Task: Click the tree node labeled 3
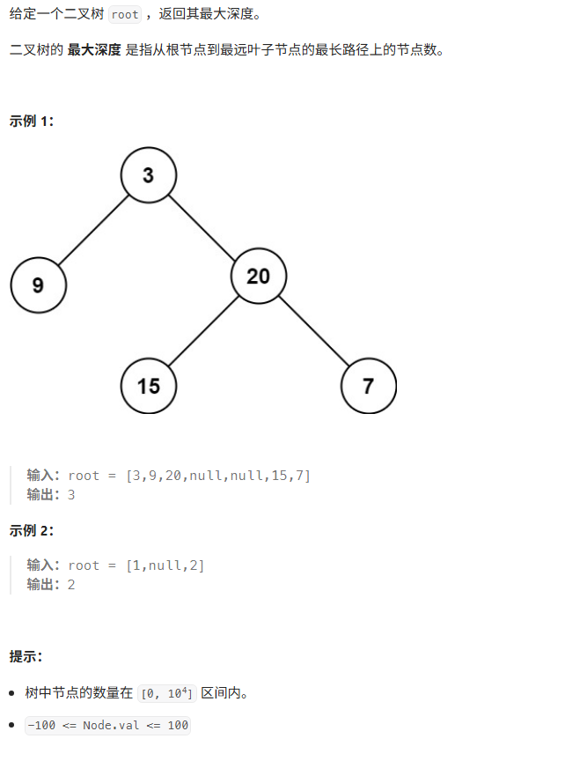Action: tap(148, 174)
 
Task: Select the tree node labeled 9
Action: tap(38, 284)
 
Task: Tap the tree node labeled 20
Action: tap(258, 277)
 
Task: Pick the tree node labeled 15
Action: tap(148, 385)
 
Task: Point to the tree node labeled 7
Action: tap(368, 385)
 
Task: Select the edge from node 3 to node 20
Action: tap(203, 225)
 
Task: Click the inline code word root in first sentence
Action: tap(125, 15)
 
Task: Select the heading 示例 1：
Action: tap(32, 121)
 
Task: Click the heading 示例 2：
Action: tap(32, 530)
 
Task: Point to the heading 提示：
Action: tap(26, 656)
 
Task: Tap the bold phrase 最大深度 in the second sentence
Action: tap(94, 50)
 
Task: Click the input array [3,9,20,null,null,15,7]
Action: tap(218, 476)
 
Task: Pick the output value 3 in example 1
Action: tap(71, 495)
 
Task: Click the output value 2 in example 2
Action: tap(71, 584)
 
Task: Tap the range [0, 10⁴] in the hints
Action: tap(167, 694)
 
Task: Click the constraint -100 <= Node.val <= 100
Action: tap(107, 725)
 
